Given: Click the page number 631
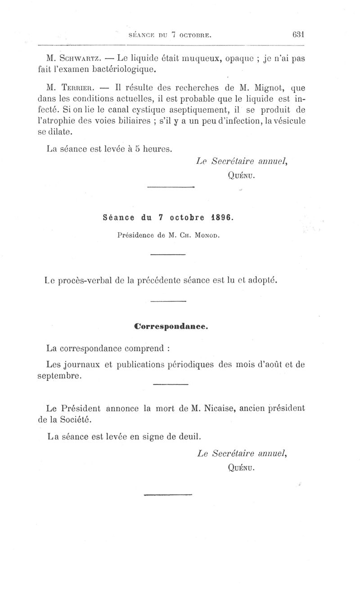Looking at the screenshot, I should (298, 35).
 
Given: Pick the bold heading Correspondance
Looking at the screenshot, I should (171, 327).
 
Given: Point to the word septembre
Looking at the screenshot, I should (59, 376).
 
